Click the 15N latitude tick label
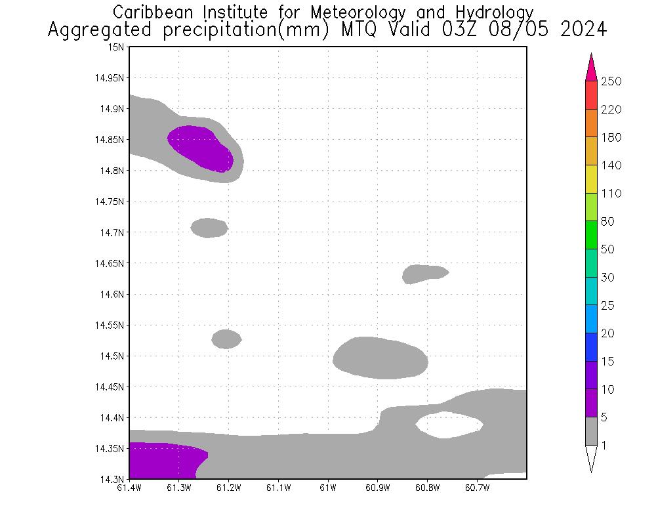click(x=117, y=47)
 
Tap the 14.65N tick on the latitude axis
click(x=110, y=263)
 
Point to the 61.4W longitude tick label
click(x=129, y=488)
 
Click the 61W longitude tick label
click(x=328, y=488)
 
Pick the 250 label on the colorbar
click(x=610, y=81)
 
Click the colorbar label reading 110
click(x=610, y=194)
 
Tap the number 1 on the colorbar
click(x=604, y=446)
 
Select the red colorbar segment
click(x=591, y=95)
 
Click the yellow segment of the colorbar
click(x=591, y=179)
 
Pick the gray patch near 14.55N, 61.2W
click(x=226, y=339)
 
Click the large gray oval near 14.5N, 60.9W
click(x=380, y=358)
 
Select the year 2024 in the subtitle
click(x=583, y=30)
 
